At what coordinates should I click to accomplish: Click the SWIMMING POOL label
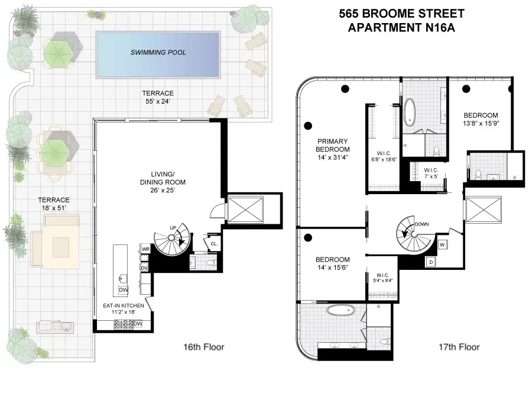158,53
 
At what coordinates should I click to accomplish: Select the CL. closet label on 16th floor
214,242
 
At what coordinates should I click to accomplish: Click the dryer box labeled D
431,261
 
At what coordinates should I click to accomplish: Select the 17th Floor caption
459,347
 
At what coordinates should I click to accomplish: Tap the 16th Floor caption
204,347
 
